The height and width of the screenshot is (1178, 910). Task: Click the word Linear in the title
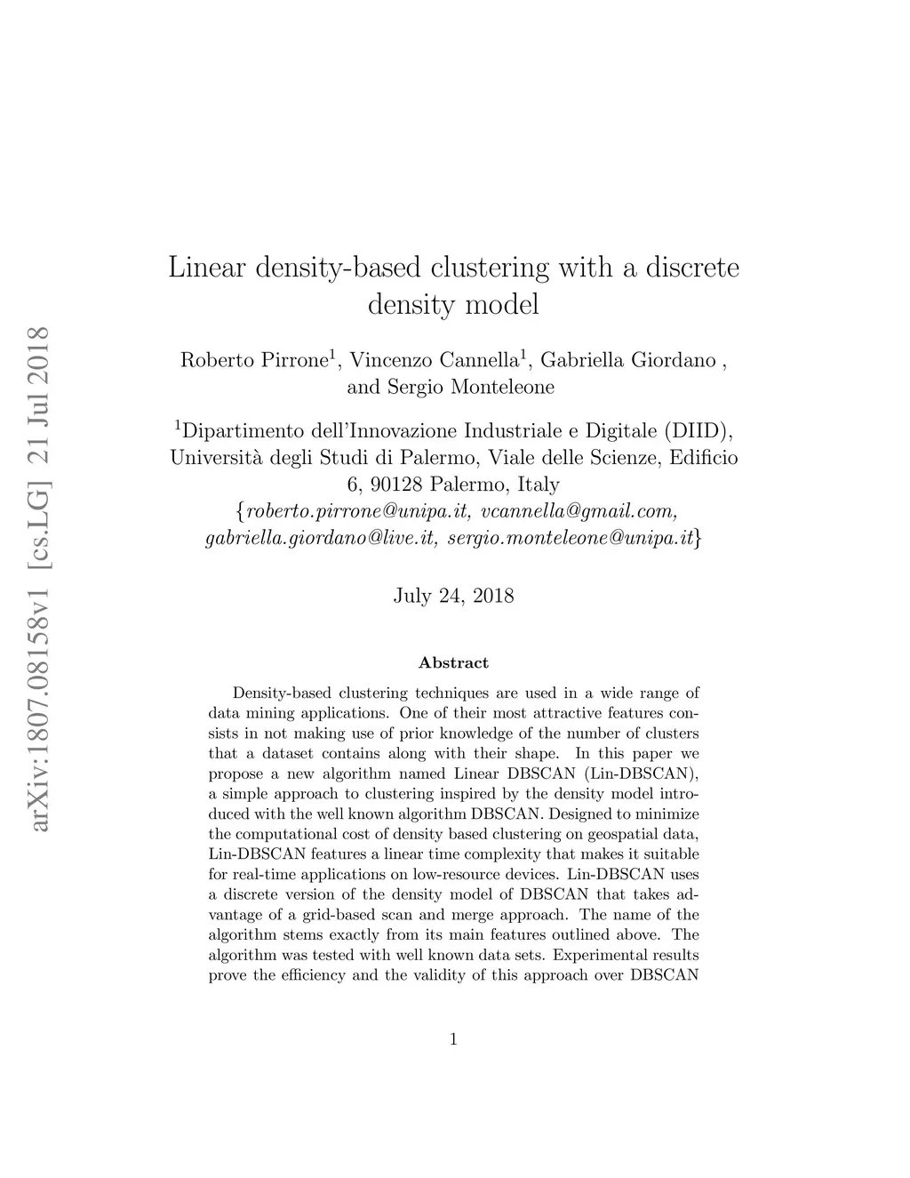[x=205, y=268]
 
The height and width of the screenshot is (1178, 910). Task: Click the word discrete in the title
[x=693, y=268]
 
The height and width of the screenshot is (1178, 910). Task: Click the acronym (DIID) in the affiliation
[x=698, y=432]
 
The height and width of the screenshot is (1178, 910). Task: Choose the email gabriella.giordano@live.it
[x=322, y=538]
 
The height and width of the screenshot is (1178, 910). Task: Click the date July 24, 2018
[x=453, y=596]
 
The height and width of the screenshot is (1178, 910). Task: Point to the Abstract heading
[x=453, y=662]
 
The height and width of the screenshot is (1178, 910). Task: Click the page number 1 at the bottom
[x=454, y=1038]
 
